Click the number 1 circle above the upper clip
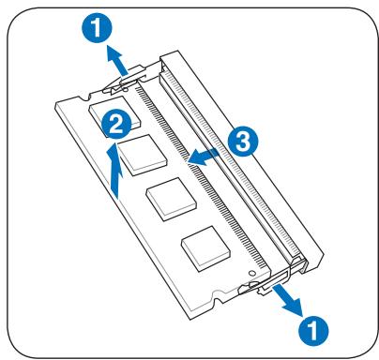click(x=97, y=28)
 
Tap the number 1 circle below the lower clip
click(x=313, y=330)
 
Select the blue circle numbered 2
click(x=116, y=126)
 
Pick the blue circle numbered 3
click(x=243, y=141)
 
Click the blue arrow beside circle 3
click(x=204, y=157)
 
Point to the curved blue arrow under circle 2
click(x=115, y=171)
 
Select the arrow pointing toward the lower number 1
click(x=287, y=300)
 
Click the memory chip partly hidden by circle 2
click(x=114, y=112)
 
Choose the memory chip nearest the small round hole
click(x=205, y=248)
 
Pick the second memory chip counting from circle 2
click(x=144, y=155)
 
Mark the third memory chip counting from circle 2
click(x=172, y=200)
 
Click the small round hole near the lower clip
click(x=251, y=273)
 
